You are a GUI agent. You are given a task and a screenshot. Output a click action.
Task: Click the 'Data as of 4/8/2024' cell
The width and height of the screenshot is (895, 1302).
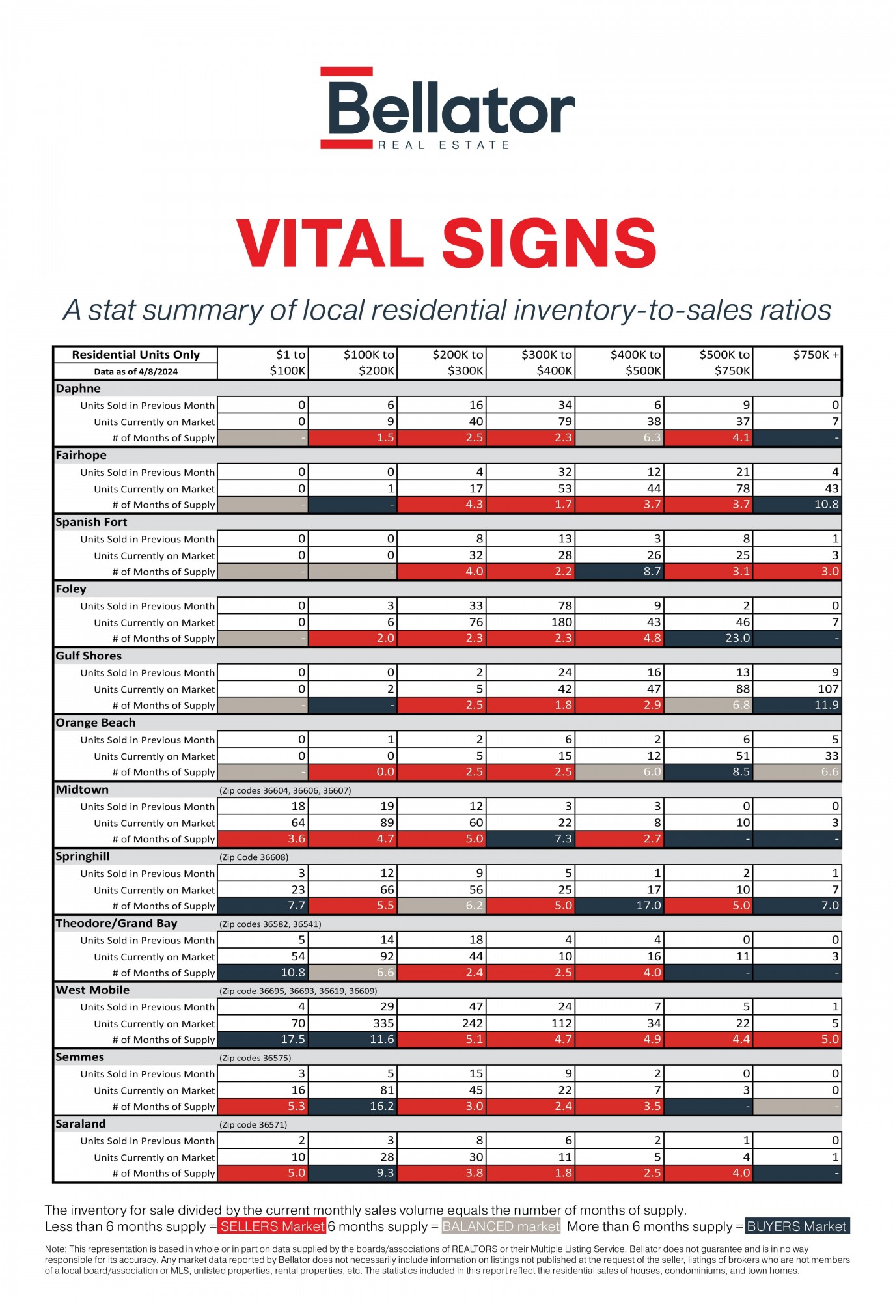tap(135, 372)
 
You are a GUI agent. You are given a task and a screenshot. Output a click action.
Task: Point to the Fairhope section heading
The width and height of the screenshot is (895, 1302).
tap(81, 455)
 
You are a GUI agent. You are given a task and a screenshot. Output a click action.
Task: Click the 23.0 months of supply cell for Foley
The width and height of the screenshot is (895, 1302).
tap(709, 638)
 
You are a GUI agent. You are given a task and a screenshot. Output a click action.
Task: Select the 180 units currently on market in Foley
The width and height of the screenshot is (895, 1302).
tap(531, 622)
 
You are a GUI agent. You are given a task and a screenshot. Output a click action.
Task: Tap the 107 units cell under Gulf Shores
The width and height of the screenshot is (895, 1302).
tap(798, 689)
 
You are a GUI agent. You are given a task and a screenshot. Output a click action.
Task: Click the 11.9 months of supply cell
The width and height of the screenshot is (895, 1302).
tap(798, 705)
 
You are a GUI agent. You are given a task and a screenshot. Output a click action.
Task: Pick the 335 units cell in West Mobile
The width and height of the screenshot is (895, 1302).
tap(353, 1023)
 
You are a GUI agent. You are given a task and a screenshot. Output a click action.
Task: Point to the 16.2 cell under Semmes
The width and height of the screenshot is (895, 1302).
tap(353, 1106)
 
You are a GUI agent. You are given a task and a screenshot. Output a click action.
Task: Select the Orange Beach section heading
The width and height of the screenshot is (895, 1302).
tap(96, 723)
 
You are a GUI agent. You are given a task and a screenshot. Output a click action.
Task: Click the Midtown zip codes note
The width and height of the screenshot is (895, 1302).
tap(285, 790)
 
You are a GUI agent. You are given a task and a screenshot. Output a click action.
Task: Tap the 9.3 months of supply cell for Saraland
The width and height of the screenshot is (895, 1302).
tap(353, 1173)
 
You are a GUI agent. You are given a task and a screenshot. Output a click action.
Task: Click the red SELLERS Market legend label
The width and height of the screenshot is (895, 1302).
tap(271, 1226)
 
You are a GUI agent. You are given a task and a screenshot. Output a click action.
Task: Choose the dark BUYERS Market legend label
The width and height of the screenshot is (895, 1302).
tap(797, 1226)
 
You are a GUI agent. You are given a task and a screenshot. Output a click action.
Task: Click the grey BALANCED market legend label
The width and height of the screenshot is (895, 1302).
tap(501, 1226)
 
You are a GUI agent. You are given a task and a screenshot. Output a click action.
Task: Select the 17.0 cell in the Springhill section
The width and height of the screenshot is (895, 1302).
tap(620, 906)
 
